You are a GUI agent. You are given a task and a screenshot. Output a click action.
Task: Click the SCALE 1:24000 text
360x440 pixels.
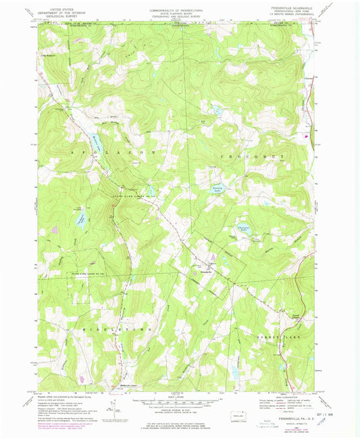[178, 396]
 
